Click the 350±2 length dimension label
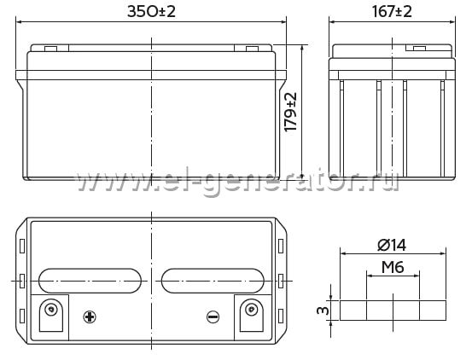(x=151, y=11)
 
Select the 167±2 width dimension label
(x=392, y=11)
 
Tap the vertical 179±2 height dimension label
(x=291, y=112)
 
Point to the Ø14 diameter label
(x=392, y=245)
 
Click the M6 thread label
(x=393, y=267)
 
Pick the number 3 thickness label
(x=323, y=310)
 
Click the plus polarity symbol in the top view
(x=90, y=316)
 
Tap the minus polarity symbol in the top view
(x=213, y=316)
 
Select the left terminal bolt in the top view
(x=51, y=309)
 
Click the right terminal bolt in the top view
(x=251, y=309)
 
